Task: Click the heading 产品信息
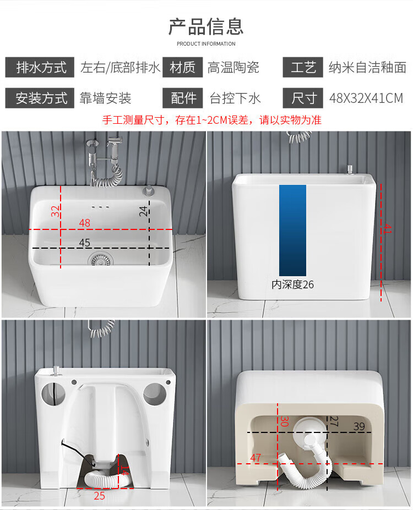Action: pos(206,26)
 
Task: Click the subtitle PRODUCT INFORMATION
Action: pos(206,43)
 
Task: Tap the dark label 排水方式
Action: pos(40,67)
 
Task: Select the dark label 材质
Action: pos(183,67)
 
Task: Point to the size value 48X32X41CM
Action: pos(366,98)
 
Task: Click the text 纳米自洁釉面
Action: pos(367,67)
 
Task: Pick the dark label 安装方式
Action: pos(40,98)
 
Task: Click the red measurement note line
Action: pos(212,120)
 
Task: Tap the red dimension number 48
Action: pos(85,223)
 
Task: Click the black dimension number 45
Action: pos(85,243)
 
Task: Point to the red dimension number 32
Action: pos(56,211)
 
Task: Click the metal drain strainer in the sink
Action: pos(101,259)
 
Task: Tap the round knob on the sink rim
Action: pos(149,190)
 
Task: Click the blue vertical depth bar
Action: pos(292,231)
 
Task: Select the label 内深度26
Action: pos(292,284)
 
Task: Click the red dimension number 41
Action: pos(387,229)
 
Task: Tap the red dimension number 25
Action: pos(99,496)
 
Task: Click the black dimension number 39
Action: pos(359,426)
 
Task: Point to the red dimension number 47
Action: pos(256,458)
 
